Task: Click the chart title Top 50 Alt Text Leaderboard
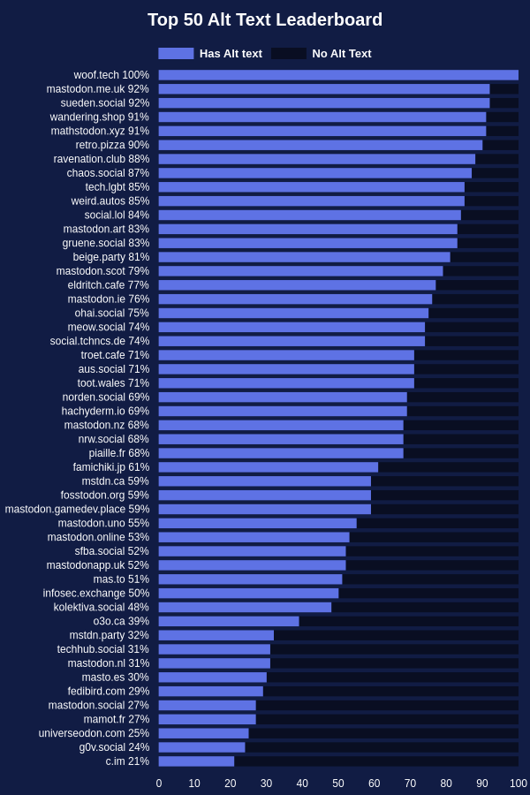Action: coord(265,19)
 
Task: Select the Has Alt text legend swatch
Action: coord(176,53)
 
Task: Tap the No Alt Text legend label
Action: coord(342,53)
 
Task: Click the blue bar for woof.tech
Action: coord(338,75)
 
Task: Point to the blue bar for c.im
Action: coord(196,761)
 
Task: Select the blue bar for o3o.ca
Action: coord(229,621)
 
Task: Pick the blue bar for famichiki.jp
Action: coord(269,467)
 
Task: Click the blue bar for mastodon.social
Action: coord(207,705)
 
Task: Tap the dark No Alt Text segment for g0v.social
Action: coord(382,747)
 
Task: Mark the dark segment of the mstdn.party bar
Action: coord(396,635)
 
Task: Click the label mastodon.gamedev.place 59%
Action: coord(77,509)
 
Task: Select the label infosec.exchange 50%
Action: coord(96,594)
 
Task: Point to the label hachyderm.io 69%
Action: coord(105,411)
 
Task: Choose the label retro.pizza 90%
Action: coord(112,145)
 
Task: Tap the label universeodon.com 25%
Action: coord(94,733)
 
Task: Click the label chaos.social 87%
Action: coord(108,173)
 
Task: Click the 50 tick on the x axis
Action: coord(338,784)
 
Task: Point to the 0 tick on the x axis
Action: coord(159,784)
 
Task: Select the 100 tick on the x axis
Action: coord(519,784)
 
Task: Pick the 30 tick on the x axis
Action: coord(266,784)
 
